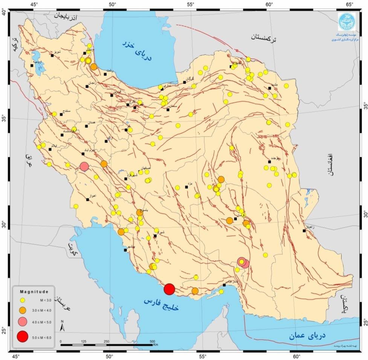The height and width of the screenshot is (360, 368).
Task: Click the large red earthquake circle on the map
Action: pos(169,289)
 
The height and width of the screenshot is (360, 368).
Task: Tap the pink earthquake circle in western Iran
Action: pos(84,166)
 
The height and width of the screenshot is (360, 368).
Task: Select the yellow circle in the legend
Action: pos(23,300)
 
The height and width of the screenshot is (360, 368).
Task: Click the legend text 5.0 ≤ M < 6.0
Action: pos(42,337)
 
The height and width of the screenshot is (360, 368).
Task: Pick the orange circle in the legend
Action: pos(23,310)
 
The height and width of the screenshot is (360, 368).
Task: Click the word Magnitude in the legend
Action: pos(34,292)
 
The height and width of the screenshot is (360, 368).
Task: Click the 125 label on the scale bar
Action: pos(84,341)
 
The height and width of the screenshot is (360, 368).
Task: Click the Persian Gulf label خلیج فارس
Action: pos(161,304)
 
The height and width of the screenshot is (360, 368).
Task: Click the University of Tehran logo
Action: pos(346,21)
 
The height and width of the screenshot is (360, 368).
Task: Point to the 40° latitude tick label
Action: pos(4,13)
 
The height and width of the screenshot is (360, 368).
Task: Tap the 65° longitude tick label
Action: pos(350,5)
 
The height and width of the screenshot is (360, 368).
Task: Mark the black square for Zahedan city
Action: pos(304,231)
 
